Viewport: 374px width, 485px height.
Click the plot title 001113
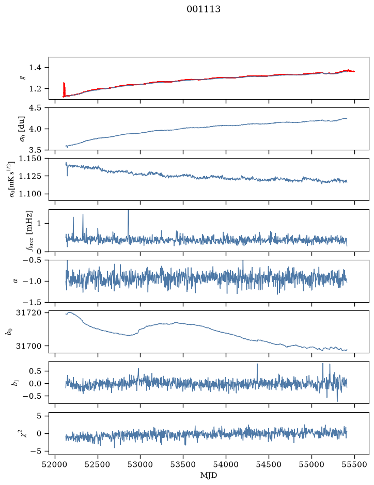coord(203,9)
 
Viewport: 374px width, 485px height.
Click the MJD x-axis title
coord(209,475)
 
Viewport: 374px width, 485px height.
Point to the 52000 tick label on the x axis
coord(55,465)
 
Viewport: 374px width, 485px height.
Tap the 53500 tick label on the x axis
coord(183,465)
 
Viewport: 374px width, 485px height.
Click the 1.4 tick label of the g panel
coord(35,68)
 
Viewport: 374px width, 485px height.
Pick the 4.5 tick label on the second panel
coord(35,107)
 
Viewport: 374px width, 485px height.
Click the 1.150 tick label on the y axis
coord(30,159)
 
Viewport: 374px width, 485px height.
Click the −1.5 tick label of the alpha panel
coord(32,302)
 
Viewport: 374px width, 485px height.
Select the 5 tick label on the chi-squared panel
coord(39,416)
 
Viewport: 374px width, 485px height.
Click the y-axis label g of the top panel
coord(22,78)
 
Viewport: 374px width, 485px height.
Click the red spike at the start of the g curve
coord(64,90)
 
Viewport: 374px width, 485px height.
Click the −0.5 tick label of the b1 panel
coord(32,396)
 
